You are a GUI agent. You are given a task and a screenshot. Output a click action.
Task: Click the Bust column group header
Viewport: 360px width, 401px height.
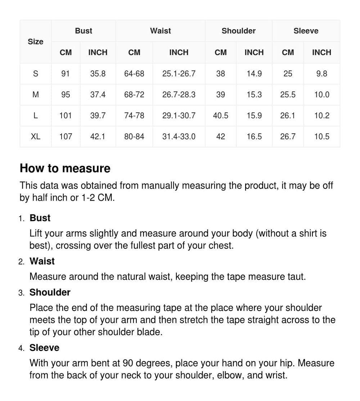84,31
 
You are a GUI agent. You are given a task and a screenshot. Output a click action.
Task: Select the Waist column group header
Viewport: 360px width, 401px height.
161,31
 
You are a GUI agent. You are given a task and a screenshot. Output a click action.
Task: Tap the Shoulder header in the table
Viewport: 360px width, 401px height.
238,31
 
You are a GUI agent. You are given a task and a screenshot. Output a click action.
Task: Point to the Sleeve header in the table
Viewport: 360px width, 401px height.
306,31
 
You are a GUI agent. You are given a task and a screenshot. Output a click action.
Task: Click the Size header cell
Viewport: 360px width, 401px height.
35,42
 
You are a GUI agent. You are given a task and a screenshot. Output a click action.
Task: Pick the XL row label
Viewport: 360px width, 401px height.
36,137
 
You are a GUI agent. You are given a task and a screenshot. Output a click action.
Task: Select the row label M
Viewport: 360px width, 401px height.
36,95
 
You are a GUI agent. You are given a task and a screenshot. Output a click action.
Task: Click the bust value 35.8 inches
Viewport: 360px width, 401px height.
98,74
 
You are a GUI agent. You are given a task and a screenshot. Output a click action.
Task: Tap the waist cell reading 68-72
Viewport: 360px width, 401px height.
134,95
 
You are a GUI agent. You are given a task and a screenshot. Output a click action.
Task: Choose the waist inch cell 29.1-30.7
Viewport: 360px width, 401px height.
179,116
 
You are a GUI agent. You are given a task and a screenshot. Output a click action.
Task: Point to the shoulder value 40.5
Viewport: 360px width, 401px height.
221,116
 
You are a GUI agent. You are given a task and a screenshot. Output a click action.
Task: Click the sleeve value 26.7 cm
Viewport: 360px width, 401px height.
288,137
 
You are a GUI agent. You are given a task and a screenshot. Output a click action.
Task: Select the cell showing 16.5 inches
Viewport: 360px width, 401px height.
254,137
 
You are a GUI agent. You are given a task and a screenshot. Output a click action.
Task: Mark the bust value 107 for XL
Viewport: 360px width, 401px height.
66,137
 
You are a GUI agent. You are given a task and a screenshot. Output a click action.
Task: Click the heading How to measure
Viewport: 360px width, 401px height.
65,168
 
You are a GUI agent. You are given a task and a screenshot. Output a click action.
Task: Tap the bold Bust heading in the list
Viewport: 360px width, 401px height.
40,218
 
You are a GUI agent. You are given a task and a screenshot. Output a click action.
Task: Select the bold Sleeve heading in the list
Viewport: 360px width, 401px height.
44,348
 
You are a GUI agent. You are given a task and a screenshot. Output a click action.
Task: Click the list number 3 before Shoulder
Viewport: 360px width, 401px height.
21,293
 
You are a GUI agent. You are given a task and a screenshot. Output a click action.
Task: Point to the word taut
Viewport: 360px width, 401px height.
296,277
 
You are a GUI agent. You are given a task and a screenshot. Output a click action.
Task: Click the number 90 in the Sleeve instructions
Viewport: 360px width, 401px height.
127,363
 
